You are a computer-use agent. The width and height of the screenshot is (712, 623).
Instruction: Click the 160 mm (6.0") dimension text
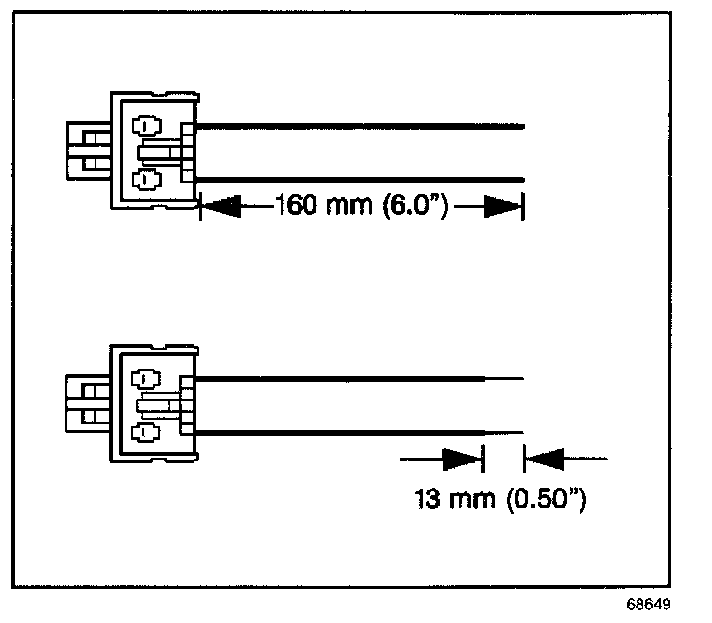(360, 206)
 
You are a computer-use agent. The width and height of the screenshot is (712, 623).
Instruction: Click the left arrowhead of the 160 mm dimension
(220, 206)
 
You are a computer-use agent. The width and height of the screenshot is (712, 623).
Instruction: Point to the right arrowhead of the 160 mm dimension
(502, 206)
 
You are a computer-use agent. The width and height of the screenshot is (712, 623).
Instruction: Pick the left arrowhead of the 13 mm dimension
(461, 456)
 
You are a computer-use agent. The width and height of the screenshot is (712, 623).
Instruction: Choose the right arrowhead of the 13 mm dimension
(545, 456)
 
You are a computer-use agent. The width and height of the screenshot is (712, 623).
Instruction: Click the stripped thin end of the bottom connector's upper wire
(504, 378)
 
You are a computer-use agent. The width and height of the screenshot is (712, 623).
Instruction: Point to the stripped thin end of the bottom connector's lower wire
(504, 431)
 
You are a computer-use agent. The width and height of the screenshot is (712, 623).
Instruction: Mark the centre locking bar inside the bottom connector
(160, 404)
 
